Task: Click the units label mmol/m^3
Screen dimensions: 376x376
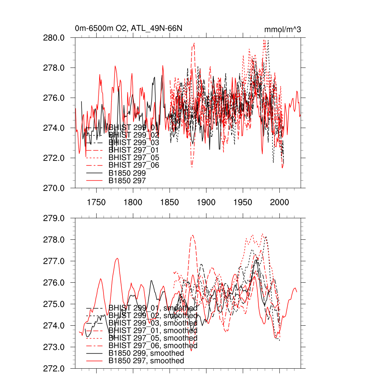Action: [x=282, y=29]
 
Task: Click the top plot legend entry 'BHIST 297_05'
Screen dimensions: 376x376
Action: [x=134, y=158]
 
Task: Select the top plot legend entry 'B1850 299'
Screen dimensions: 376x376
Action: [x=127, y=173]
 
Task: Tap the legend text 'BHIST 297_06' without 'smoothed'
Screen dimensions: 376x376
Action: [x=134, y=165]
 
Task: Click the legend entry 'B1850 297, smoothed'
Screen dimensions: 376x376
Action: [x=147, y=361]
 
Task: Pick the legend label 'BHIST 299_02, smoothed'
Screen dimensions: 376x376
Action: [x=153, y=315]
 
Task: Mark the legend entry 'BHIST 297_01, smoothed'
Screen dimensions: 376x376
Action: [x=153, y=331]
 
